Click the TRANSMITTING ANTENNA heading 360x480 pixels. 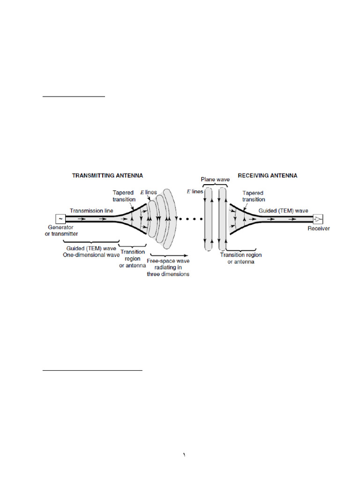[x=107, y=175]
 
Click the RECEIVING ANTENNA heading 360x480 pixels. [x=267, y=175]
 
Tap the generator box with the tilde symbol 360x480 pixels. [x=60, y=219]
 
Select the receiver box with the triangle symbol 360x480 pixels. [x=319, y=219]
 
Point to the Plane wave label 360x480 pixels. [x=215, y=180]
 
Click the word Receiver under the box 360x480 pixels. [x=319, y=229]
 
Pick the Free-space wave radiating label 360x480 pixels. [x=168, y=267]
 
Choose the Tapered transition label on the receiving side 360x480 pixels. [x=254, y=195]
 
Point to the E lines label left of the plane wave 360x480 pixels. [x=195, y=192]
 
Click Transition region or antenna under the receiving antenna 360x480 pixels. [x=241, y=258]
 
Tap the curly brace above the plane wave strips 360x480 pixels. [x=216, y=185]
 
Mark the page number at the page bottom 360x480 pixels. [x=184, y=455]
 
